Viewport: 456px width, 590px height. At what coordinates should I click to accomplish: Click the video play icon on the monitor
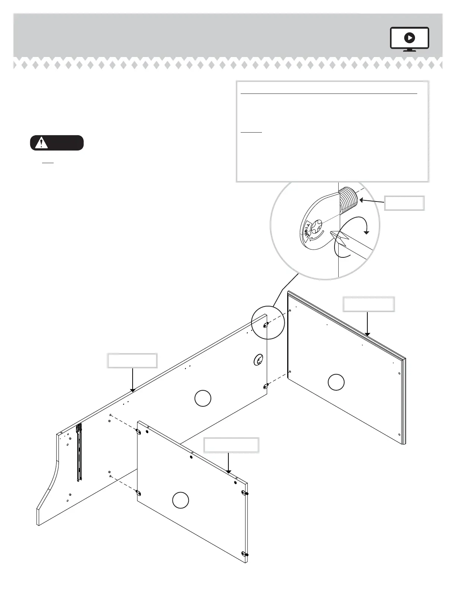(x=409, y=38)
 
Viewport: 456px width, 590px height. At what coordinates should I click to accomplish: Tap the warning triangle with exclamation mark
(x=41, y=143)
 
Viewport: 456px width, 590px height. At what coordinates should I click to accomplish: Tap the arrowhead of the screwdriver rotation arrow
(x=367, y=232)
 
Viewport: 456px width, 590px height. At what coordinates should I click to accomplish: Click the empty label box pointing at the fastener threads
(x=404, y=203)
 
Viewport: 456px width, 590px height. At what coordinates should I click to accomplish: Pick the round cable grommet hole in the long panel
(x=258, y=359)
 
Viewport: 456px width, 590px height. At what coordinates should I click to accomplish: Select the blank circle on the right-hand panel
(x=336, y=383)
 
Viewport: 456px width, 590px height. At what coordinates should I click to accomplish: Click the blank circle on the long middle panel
(x=203, y=398)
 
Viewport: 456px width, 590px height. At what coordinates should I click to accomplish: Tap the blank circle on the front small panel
(x=181, y=500)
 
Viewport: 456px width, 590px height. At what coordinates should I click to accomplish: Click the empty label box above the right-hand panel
(x=368, y=304)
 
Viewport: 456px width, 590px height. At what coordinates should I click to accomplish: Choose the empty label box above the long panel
(x=132, y=361)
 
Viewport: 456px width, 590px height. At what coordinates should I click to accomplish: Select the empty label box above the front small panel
(x=231, y=445)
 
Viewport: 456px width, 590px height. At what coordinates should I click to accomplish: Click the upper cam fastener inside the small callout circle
(x=266, y=325)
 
